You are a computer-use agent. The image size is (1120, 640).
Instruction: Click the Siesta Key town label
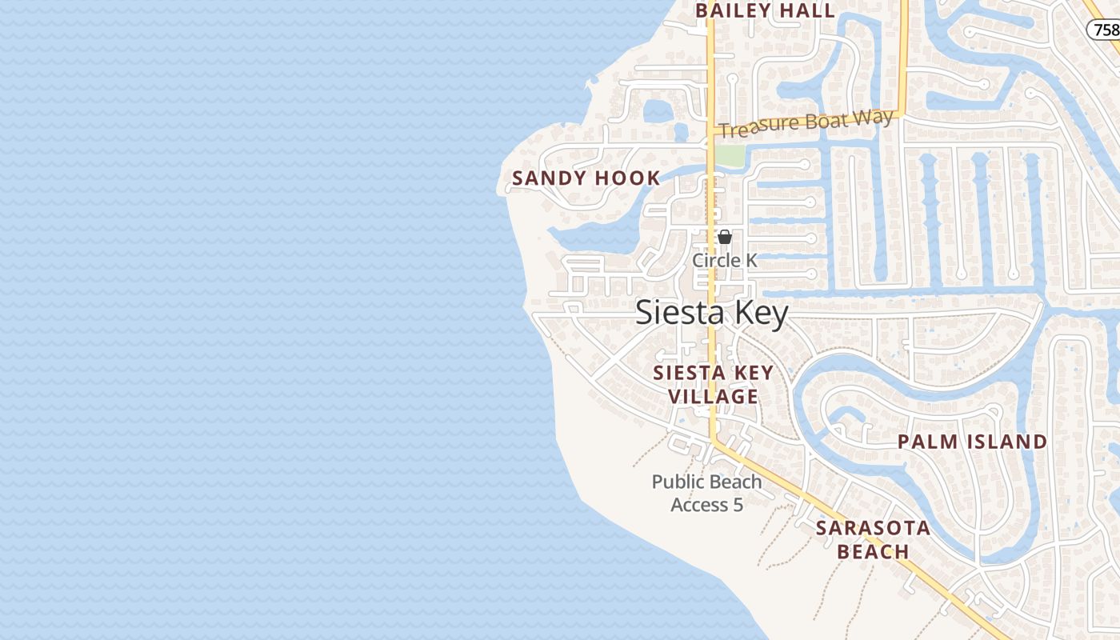pos(711,313)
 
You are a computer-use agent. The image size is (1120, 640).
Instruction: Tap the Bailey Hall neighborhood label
pos(765,11)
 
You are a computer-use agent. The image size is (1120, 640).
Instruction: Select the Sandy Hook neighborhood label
pos(586,178)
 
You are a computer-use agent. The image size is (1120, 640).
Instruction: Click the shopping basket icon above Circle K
pos(725,237)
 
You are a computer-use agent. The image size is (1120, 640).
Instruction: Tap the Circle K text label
pos(725,261)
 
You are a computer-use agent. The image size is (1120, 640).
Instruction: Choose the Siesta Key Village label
pos(713,385)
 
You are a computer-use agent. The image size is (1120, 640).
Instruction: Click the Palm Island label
pos(972,442)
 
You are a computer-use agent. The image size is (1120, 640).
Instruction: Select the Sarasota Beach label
pos(873,540)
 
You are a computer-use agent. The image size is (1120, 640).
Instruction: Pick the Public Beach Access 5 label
pos(706,493)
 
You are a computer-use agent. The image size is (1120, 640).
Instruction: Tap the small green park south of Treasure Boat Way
pos(729,156)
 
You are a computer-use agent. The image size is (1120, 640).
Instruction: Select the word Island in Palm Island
pos(1005,442)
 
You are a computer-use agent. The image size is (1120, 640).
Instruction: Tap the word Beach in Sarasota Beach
pos(873,552)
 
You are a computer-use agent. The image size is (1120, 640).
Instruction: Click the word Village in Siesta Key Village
pos(713,397)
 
